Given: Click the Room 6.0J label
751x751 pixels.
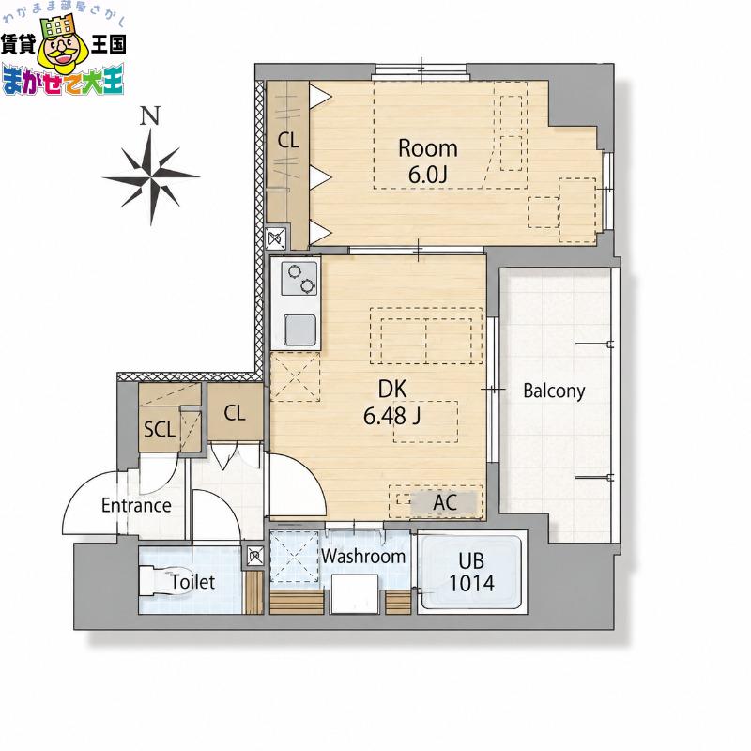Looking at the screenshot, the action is tap(428, 161).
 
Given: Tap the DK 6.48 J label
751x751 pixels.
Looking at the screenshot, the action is tap(392, 403).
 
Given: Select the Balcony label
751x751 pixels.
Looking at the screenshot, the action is tap(554, 391).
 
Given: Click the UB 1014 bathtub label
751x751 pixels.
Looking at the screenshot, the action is tap(471, 572).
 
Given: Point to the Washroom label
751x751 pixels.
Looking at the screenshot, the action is tap(363, 556).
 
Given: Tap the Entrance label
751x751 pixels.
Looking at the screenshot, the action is tap(136, 505).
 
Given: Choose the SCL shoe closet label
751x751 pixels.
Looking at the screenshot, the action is tap(160, 430).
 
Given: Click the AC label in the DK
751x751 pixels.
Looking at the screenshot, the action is tap(445, 502).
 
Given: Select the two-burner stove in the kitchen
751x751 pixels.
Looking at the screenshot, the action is tap(299, 278).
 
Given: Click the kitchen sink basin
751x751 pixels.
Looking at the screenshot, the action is tap(299, 330).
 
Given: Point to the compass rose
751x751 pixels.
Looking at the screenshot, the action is tap(151, 176).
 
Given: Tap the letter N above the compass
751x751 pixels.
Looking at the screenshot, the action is tap(150, 115).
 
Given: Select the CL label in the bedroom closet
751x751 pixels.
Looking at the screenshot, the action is tap(288, 140).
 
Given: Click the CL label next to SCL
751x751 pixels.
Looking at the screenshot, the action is tap(235, 413).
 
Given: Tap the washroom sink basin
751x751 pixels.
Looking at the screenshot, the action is tap(355, 594).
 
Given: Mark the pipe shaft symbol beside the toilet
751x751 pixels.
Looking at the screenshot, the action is tap(255, 556).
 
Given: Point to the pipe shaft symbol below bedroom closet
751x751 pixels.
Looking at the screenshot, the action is tap(276, 238).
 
